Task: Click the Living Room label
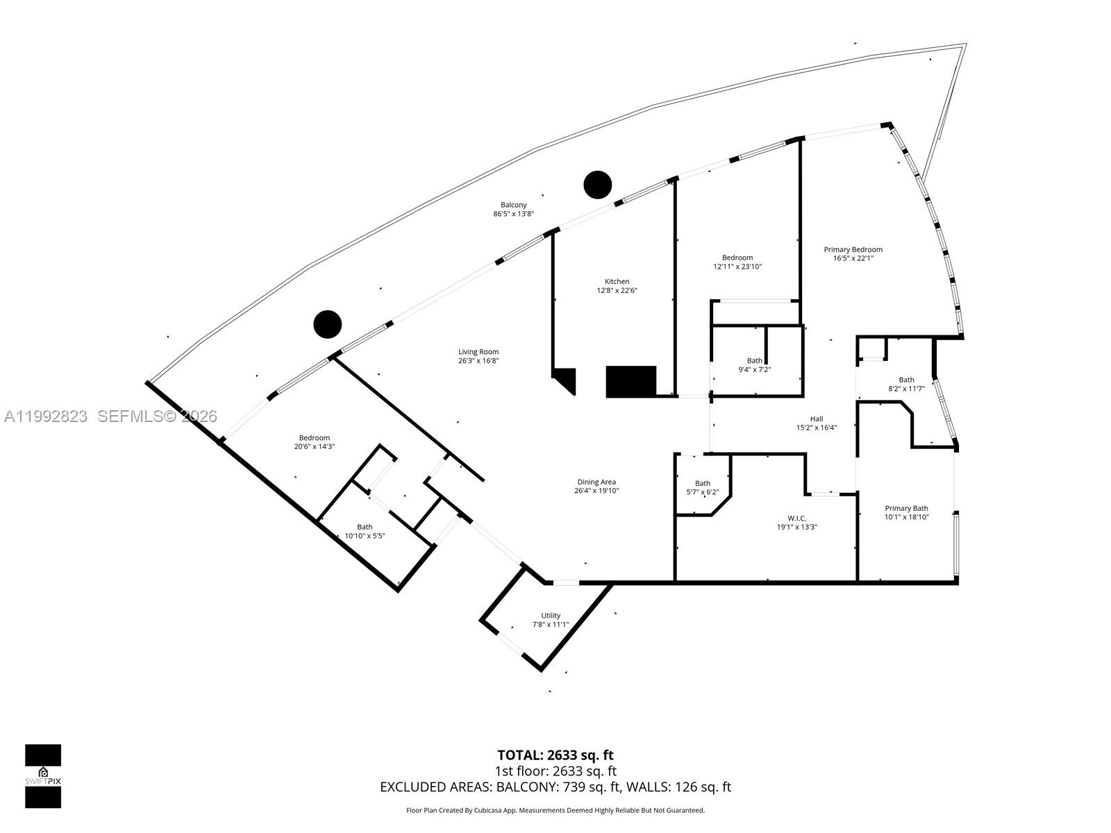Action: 478,352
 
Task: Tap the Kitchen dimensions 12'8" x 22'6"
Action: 617,291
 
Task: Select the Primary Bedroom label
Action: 853,250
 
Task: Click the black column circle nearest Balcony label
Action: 597,185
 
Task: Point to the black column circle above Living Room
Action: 328,324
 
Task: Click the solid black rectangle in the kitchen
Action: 631,381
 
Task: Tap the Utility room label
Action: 551,616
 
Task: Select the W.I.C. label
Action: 796,519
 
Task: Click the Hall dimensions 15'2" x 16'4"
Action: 816,428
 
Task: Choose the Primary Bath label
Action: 906,509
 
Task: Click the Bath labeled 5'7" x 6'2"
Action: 703,484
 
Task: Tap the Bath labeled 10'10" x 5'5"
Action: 365,528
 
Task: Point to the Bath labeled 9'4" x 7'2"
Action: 754,361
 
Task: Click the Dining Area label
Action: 596,482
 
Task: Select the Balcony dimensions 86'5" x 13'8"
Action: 513,214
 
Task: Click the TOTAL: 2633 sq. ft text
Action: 555,755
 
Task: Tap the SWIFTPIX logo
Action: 43,776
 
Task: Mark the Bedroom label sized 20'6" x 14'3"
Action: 314,438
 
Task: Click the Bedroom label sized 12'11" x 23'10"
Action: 737,258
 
